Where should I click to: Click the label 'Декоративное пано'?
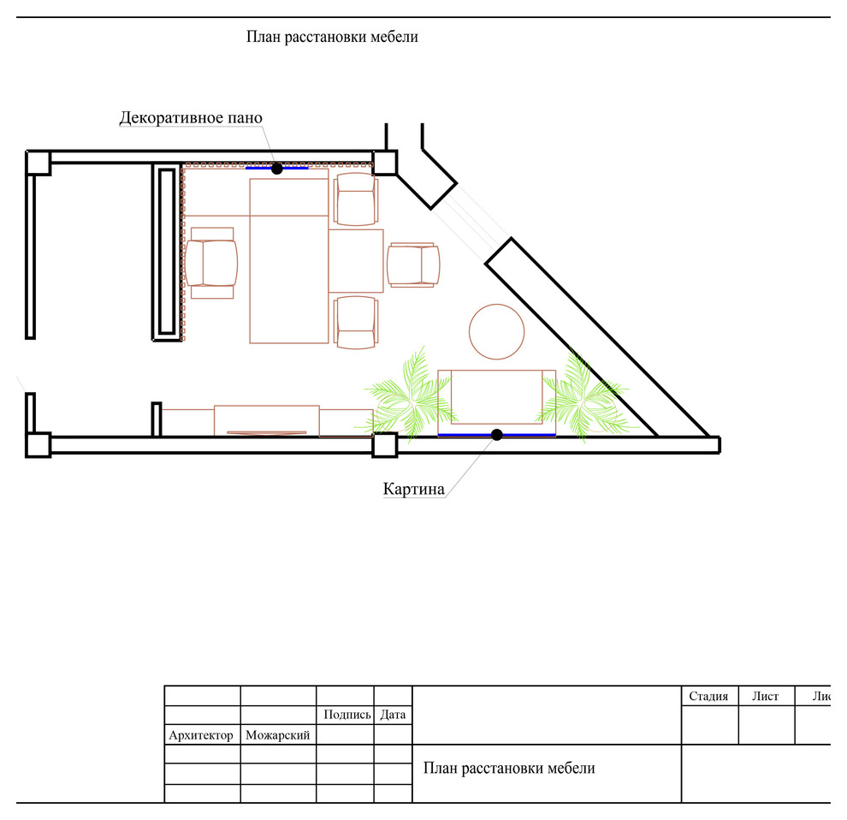point(191,118)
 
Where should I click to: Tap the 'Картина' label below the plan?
point(414,490)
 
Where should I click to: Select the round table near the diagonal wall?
point(496,332)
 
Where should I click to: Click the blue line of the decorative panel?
point(276,168)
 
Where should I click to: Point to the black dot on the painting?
point(497,435)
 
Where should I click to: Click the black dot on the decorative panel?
point(277,169)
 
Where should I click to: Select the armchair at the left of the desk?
point(210,263)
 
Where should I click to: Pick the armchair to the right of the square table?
point(413,264)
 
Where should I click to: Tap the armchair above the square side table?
point(355,199)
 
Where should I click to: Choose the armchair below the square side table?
point(355,322)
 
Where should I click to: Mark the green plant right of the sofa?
point(583,398)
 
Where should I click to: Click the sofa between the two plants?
point(496,402)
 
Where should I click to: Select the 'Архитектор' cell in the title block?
point(201,735)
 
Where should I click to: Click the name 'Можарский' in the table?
point(278,735)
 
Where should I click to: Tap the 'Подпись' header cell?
point(346,715)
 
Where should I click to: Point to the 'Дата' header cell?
point(393,715)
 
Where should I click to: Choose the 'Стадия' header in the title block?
point(708,696)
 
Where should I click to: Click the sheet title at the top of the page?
point(332,37)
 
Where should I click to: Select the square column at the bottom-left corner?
point(38,445)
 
